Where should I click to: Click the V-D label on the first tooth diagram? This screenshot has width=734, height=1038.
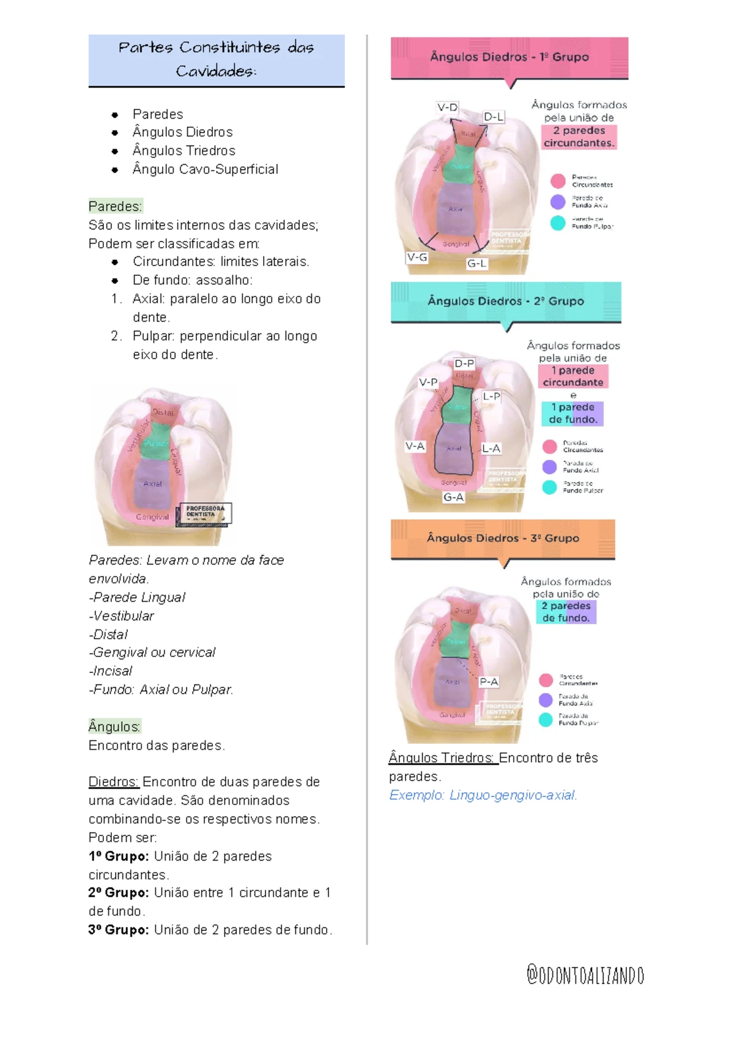447,108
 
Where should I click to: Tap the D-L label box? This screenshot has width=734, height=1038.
494,117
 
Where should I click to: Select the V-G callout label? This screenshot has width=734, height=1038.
417,258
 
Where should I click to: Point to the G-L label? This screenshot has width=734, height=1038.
477,264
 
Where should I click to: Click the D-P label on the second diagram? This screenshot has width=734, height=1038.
464,363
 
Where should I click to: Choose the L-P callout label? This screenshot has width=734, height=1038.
491,396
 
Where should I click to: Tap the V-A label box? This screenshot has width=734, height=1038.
415,447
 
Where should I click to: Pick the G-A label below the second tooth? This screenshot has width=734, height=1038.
453,497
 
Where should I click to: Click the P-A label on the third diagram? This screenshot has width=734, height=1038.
489,681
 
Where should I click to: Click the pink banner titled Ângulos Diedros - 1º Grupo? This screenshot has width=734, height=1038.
510,57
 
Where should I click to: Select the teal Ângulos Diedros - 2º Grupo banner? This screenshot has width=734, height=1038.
506,301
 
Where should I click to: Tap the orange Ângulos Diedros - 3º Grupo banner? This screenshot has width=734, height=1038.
503,538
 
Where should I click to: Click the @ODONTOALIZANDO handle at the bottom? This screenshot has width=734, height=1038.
585,975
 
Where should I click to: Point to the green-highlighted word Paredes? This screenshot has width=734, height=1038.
115,206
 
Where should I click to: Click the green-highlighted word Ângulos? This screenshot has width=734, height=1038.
114,727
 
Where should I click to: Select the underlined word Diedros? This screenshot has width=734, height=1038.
114,782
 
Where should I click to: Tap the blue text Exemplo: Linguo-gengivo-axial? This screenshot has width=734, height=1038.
483,795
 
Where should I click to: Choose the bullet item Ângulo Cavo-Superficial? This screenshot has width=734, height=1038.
205,169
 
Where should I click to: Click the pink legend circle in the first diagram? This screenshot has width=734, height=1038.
558,181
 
